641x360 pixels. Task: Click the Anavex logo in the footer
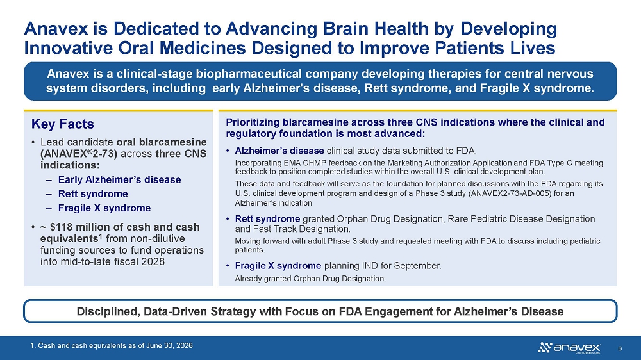(569, 348)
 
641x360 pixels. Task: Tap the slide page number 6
(620, 348)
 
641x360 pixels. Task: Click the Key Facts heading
(63, 124)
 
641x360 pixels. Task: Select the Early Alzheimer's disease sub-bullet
(119, 180)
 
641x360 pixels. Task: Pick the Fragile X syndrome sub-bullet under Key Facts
(104, 208)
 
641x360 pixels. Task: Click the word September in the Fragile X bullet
(420, 266)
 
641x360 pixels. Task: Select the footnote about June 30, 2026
(112, 346)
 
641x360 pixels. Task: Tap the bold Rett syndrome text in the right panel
(267, 219)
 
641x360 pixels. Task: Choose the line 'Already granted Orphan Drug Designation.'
(310, 279)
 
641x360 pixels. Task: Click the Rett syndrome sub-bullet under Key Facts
(93, 193)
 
